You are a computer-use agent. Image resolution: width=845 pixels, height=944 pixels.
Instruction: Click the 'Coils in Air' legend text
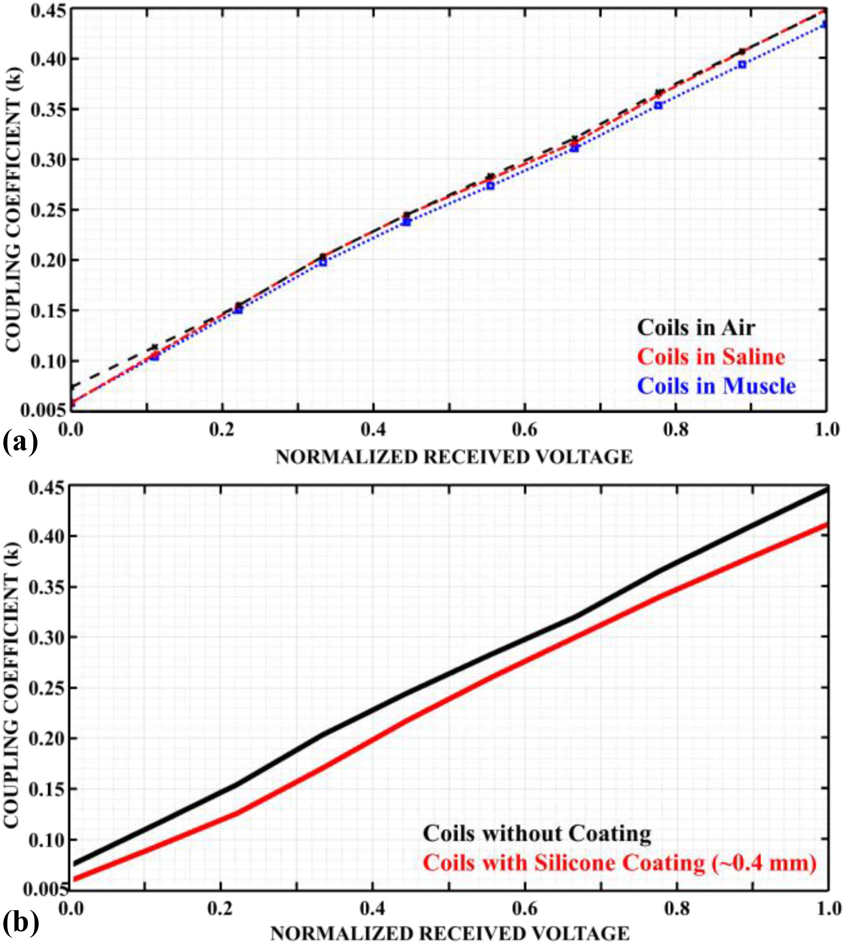[x=696, y=328]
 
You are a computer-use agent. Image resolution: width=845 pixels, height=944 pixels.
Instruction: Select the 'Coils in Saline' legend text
[x=711, y=357]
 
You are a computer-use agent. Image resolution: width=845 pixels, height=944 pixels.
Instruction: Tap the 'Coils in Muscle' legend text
[x=717, y=386]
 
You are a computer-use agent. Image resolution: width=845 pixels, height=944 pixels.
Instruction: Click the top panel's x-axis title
[x=454, y=457]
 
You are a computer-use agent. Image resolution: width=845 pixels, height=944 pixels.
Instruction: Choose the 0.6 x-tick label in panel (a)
[x=525, y=430]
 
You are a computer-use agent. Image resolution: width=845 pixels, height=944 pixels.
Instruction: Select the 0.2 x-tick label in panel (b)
[x=221, y=908]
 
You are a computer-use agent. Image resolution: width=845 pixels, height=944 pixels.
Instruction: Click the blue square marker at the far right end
[x=825, y=24]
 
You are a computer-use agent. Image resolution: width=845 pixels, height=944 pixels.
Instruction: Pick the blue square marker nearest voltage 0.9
[x=742, y=65]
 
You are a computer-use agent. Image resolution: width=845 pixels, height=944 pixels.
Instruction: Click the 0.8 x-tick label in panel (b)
[x=677, y=908]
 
